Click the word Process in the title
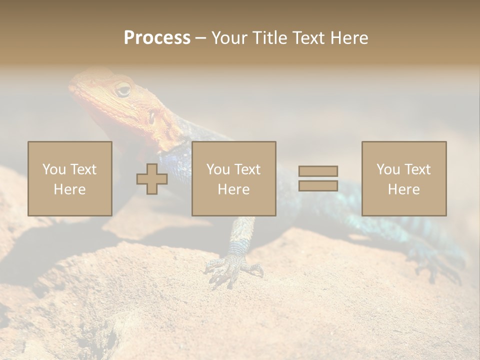tap(157, 37)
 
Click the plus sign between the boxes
tap(152, 178)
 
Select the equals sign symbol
tap(318, 178)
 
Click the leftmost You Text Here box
tap(70, 178)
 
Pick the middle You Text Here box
tap(234, 178)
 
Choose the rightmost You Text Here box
tap(404, 178)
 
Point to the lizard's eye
tap(122, 90)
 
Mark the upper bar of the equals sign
tap(318, 171)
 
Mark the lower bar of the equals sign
tap(318, 185)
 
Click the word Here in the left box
tap(70, 189)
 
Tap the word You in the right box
tap(388, 169)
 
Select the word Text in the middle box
tap(247, 169)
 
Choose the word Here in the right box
tap(404, 189)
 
